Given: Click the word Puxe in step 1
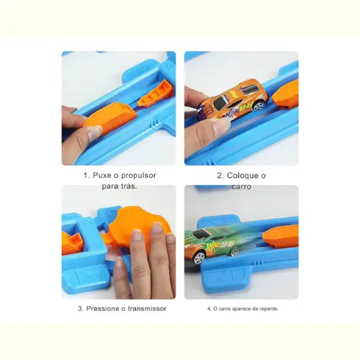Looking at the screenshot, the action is [102, 176].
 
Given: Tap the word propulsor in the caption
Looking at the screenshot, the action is [138, 176].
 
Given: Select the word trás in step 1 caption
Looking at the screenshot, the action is [127, 186].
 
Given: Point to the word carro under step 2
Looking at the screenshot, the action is [241, 186].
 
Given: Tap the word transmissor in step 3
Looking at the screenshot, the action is [147, 309].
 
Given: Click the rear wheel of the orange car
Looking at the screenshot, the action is [258, 105].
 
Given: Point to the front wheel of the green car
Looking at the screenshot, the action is [199, 258].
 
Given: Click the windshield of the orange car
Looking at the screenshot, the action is [220, 103].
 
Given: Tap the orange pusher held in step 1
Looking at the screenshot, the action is [110, 117].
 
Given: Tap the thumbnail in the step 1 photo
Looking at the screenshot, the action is [95, 133].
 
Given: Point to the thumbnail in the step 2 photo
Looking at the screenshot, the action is [221, 127].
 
